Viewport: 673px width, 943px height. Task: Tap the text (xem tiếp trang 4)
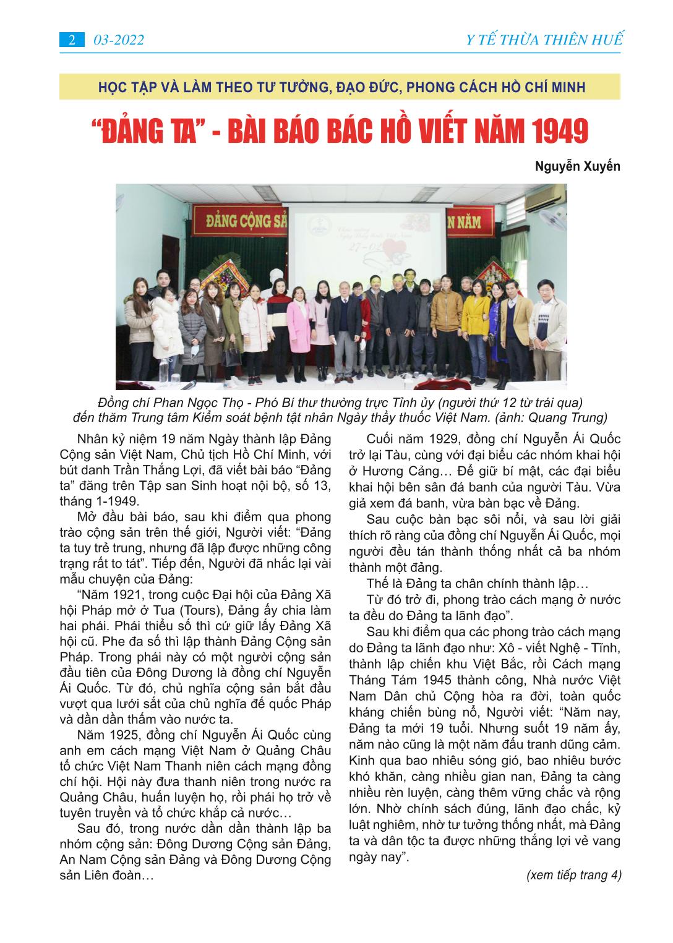click(573, 875)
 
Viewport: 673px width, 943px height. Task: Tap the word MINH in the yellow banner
click(566, 87)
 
